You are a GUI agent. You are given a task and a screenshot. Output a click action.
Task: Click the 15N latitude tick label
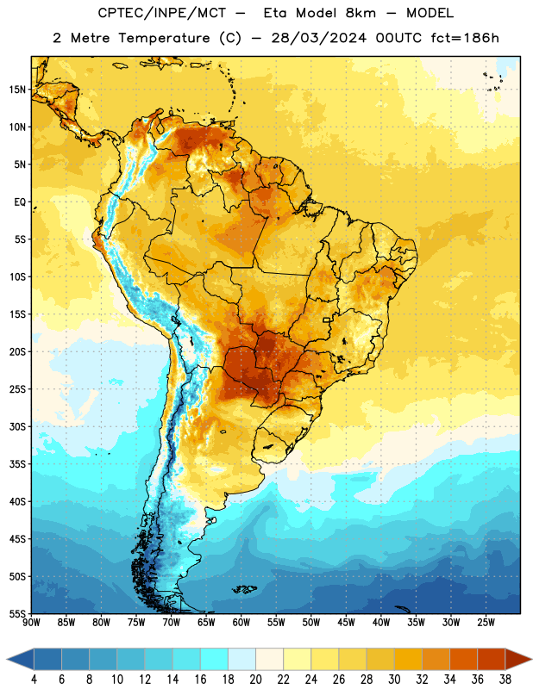pos(17,90)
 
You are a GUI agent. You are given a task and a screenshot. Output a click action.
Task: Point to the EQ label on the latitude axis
pos(20,202)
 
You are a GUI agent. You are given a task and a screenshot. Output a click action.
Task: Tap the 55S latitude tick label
pos(17,613)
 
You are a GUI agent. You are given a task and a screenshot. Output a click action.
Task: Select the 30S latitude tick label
pos(17,426)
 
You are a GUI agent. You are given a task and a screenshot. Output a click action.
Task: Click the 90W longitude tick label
pos(32,622)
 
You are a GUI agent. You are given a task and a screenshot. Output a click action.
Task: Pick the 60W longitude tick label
pos(241,622)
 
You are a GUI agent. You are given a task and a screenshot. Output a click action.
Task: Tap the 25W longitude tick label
pos(486,622)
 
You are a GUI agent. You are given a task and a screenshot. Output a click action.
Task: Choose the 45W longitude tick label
pos(346,622)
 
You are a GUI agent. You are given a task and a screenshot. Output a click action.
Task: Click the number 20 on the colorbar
pos(255,680)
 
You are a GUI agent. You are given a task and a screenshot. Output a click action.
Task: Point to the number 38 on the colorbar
pos(505,680)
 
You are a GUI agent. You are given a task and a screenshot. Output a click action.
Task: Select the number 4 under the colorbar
pos(34,680)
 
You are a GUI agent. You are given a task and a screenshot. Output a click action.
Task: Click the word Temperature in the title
pos(164,38)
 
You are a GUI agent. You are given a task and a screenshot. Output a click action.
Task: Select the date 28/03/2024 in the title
pos(318,38)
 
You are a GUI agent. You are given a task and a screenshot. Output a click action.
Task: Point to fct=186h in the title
pos(465,38)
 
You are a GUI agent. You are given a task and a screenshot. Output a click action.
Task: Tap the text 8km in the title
pos(361,13)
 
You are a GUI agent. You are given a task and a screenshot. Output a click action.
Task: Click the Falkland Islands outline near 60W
pos(244,589)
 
